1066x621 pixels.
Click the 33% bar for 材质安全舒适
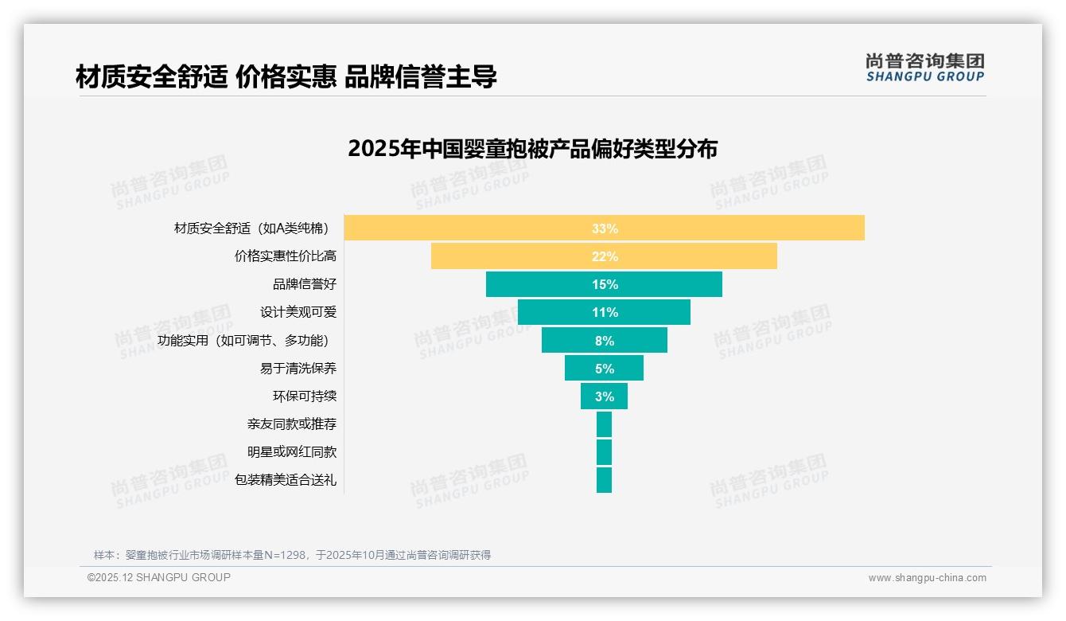pos(604,228)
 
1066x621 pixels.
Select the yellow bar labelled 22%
pos(604,256)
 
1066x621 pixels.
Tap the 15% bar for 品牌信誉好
pos(604,284)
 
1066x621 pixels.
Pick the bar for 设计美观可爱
pos(604,312)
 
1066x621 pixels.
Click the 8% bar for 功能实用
pos(604,340)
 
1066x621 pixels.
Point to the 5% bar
pos(604,368)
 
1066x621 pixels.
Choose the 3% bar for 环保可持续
pos(604,396)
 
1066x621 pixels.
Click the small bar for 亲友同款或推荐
pos(604,424)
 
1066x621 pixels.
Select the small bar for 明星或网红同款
pos(604,452)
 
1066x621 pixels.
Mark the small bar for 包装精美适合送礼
pos(604,480)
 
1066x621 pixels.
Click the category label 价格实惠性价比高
pos(285,256)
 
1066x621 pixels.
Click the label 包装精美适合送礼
pos(285,480)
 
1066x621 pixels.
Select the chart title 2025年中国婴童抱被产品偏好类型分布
pos(532,149)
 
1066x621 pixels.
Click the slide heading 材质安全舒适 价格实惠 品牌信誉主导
pos(286,77)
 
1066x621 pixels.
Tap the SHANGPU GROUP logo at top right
pos(924,68)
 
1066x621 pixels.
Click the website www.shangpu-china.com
pos(927,578)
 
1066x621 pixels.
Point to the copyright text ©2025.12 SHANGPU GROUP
pos(159,577)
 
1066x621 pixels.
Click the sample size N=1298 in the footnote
pos(286,555)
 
